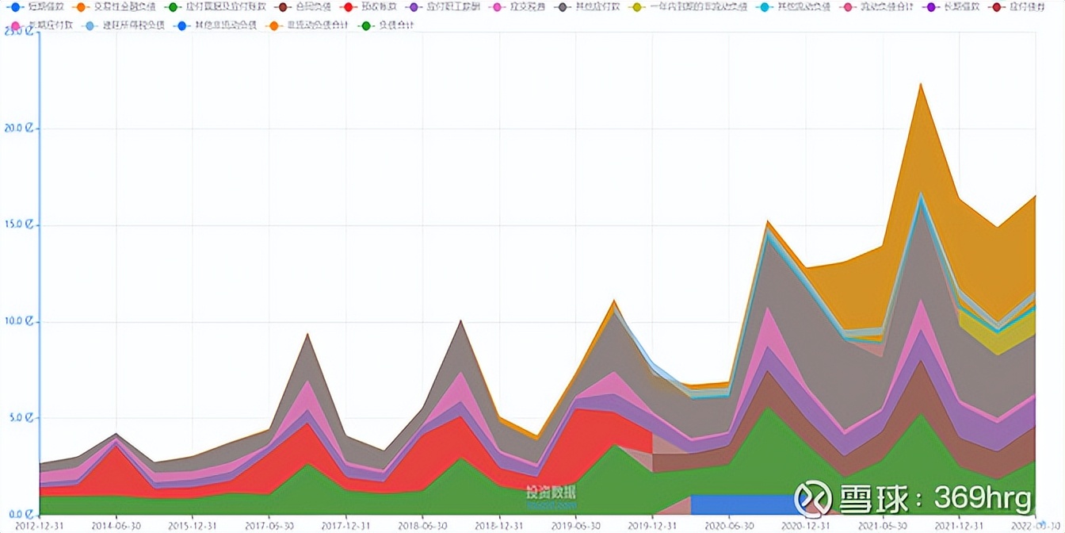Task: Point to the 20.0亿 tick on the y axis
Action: click(x=19, y=128)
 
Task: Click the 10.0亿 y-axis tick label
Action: click(x=19, y=322)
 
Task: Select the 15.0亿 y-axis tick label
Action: click(x=19, y=225)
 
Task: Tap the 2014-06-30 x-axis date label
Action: click(x=116, y=525)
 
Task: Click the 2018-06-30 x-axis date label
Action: click(x=422, y=525)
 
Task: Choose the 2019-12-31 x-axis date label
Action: click(x=653, y=525)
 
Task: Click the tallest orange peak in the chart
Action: click(x=921, y=86)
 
